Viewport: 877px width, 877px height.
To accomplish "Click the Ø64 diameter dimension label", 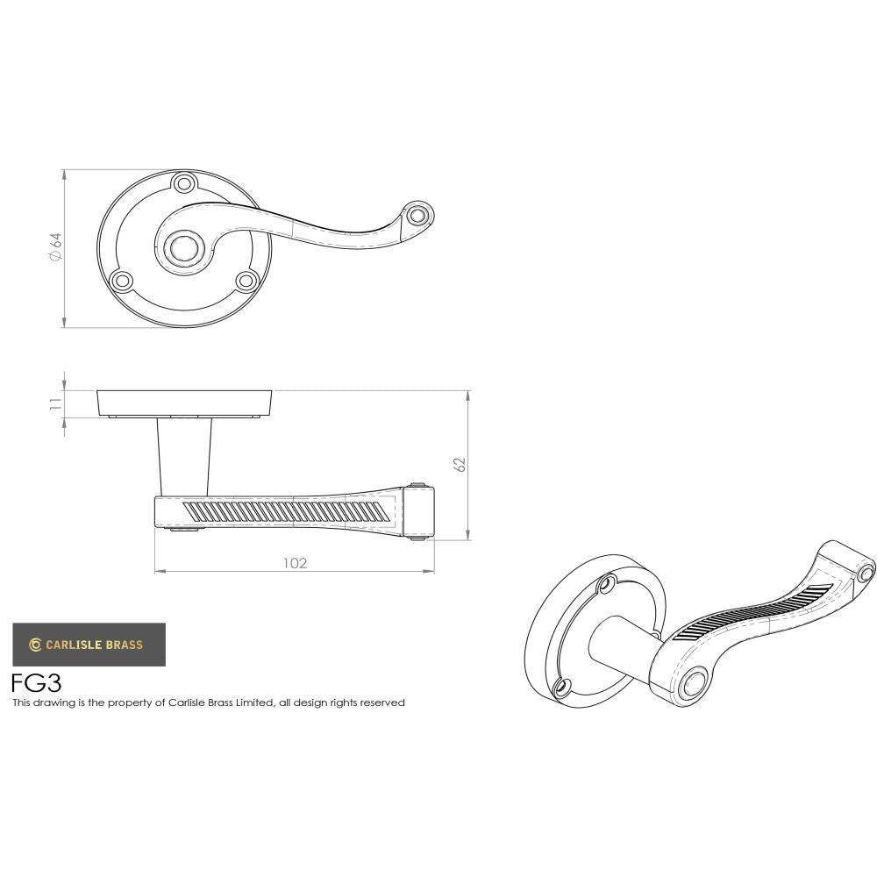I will coord(54,246).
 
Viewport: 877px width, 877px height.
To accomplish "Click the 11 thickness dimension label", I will coord(54,403).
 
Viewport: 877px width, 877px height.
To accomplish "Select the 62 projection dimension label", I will coord(460,465).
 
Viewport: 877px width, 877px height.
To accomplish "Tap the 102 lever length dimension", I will coord(295,563).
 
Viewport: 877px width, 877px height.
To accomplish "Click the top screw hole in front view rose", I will coord(184,184).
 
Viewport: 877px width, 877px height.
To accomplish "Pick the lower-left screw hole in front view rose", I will coord(122,281).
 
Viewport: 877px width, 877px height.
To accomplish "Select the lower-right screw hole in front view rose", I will coord(246,281).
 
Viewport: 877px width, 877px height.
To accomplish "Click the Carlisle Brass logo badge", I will coord(89,645).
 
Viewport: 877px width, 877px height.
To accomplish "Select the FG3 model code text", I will coord(36,683).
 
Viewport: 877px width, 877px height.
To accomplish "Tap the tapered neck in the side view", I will coord(184,456).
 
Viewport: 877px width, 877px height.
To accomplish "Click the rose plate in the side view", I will coord(183,402).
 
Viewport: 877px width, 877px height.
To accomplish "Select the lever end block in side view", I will coord(422,510).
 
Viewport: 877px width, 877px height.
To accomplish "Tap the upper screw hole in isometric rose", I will coord(604,585).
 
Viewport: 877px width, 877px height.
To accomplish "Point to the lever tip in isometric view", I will coord(865,573).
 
